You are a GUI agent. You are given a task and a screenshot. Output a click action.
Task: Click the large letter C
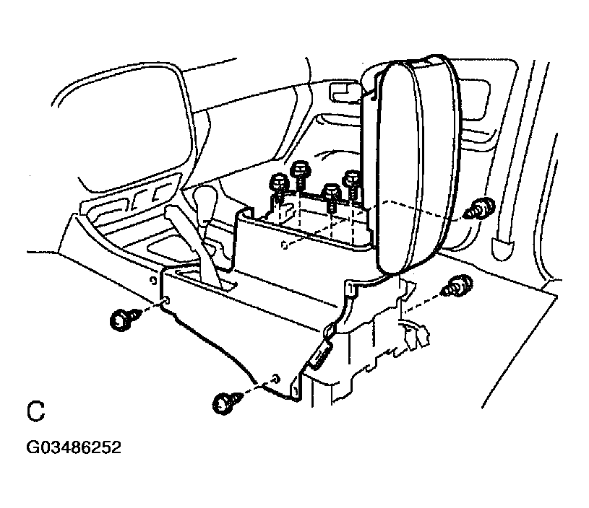pos(35,411)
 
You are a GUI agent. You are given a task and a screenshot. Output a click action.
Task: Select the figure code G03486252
pos(73,447)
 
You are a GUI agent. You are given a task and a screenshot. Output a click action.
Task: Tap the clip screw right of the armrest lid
pos(479,209)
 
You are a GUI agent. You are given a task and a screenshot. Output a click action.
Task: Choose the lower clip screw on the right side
pos(456,286)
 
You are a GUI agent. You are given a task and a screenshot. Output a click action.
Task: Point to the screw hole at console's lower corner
pos(278,378)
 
